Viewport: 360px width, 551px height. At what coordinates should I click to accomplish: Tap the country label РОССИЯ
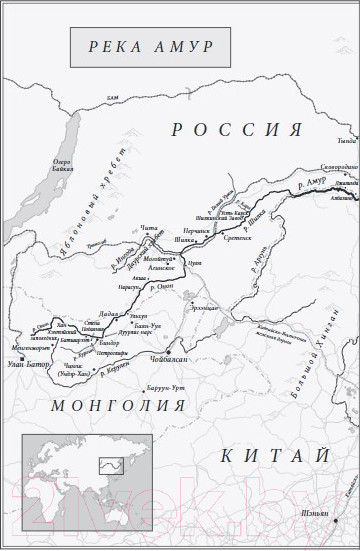pos(236,130)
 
